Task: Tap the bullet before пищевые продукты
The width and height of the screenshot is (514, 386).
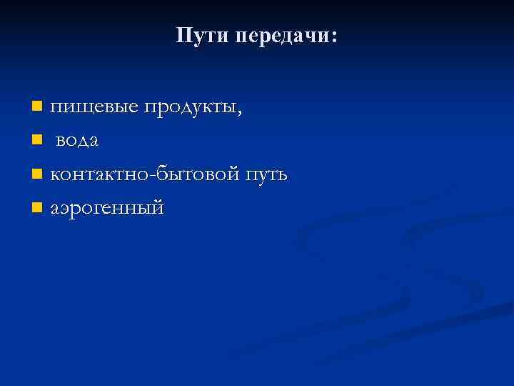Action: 37,107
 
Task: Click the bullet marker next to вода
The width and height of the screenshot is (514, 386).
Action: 37,141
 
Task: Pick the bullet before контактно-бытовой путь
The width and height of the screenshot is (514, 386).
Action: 37,174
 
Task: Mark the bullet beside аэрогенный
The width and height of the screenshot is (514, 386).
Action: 37,208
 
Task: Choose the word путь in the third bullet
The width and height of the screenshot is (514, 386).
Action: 266,175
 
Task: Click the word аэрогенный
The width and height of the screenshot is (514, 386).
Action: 107,209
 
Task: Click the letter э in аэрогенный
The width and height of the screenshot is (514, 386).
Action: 66,209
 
